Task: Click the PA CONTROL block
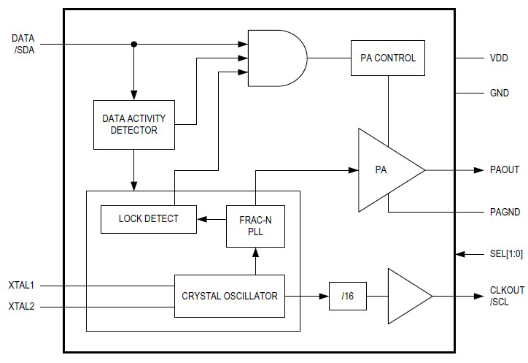click(388, 58)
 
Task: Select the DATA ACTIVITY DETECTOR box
click(133, 124)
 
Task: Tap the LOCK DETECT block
click(148, 218)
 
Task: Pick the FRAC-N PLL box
click(255, 225)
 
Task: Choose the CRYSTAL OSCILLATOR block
click(230, 296)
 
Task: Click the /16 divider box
click(346, 296)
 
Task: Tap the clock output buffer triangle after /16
click(407, 296)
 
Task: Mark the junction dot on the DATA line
click(133, 45)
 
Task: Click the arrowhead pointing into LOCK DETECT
click(202, 218)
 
